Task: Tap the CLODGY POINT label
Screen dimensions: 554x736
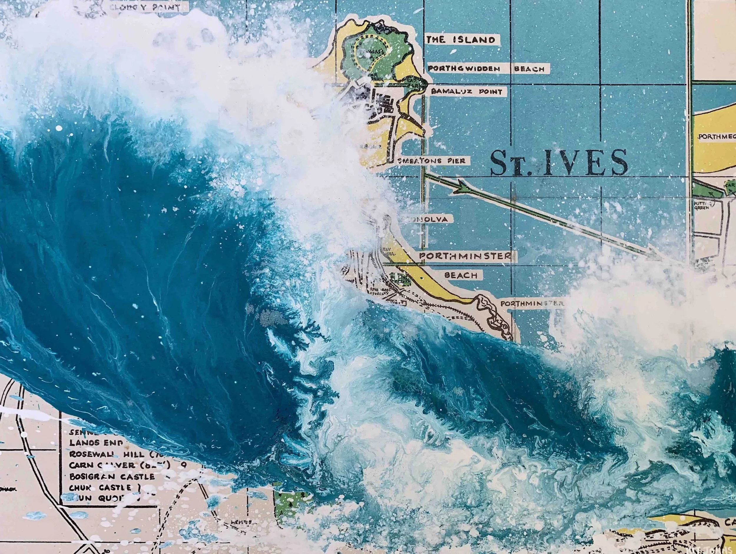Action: pyautogui.click(x=152, y=7)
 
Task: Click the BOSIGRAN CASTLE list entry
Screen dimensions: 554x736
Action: pyautogui.click(x=112, y=477)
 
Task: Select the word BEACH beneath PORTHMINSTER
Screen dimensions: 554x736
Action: pyautogui.click(x=460, y=276)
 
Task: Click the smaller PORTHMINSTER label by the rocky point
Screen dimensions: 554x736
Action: pyautogui.click(x=531, y=303)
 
